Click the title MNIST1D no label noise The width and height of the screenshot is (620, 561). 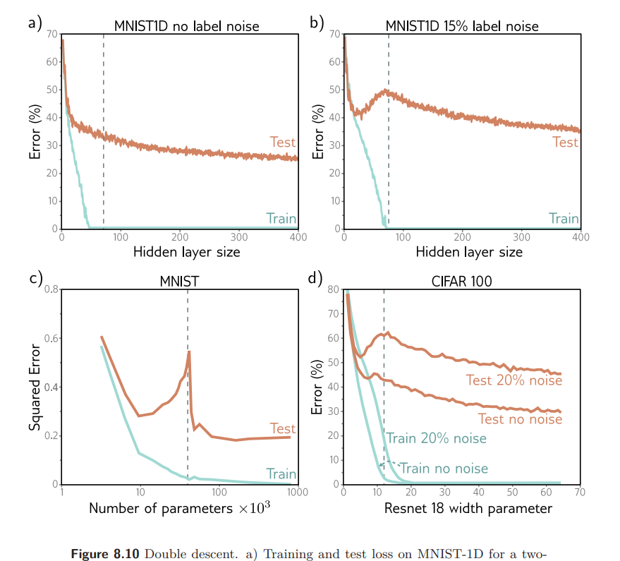pos(187,27)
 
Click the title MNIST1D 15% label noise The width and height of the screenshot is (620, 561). pos(461,27)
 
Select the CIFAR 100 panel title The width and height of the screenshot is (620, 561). pos(461,281)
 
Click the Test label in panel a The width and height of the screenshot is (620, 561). pos(283,143)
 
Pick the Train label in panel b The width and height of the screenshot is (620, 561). pos(564,219)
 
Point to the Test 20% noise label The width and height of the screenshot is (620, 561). pos(513,380)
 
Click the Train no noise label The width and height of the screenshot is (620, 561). pos(444,468)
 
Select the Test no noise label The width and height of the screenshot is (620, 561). pos(520,419)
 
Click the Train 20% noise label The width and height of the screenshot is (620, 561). pos(436,438)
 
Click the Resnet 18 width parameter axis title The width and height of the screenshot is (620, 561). pos(468,508)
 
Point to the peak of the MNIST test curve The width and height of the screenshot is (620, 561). pos(189,351)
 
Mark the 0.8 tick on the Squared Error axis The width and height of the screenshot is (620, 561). pos(49,289)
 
